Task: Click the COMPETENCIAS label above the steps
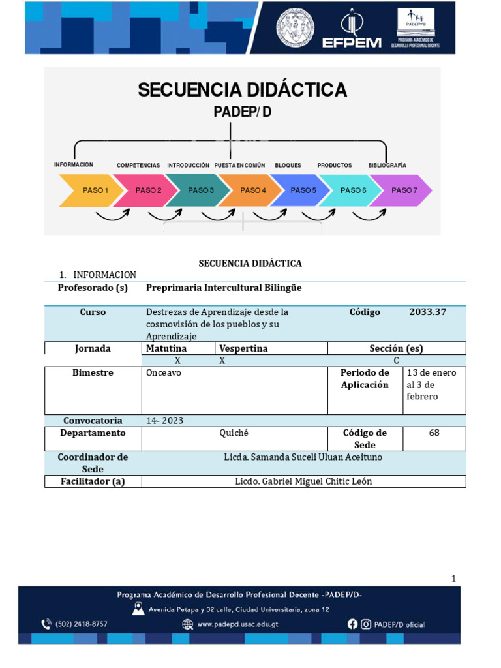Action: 138,166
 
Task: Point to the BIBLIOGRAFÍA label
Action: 387,166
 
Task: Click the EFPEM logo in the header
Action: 351,29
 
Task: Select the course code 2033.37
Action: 428,312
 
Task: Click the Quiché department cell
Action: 234,433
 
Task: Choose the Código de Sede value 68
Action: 434,433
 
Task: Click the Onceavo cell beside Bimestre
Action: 164,373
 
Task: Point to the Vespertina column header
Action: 243,348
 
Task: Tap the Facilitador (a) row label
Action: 92,481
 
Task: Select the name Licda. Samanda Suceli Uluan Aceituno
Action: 303,457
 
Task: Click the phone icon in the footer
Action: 46,624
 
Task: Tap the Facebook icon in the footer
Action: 352,624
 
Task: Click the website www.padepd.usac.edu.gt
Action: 243,624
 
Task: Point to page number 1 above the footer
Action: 454,579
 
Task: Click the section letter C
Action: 396,361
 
